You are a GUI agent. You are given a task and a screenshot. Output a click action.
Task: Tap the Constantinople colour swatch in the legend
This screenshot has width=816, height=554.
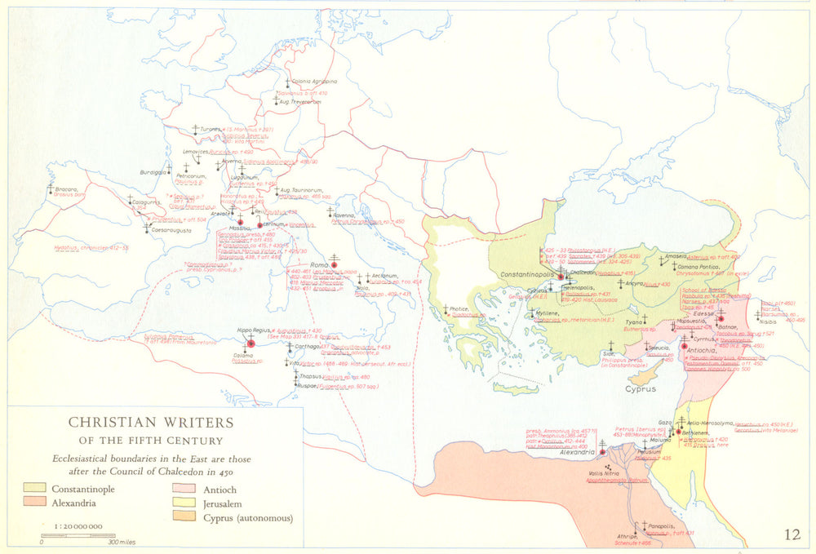pyautogui.click(x=36, y=489)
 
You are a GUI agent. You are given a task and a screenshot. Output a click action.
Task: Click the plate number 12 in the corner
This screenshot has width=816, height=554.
pyautogui.click(x=792, y=534)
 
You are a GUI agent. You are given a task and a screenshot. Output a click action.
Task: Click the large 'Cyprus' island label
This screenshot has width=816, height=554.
pyautogui.click(x=641, y=388)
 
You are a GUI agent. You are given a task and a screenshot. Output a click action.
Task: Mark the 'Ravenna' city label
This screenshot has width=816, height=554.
pyautogui.click(x=341, y=215)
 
